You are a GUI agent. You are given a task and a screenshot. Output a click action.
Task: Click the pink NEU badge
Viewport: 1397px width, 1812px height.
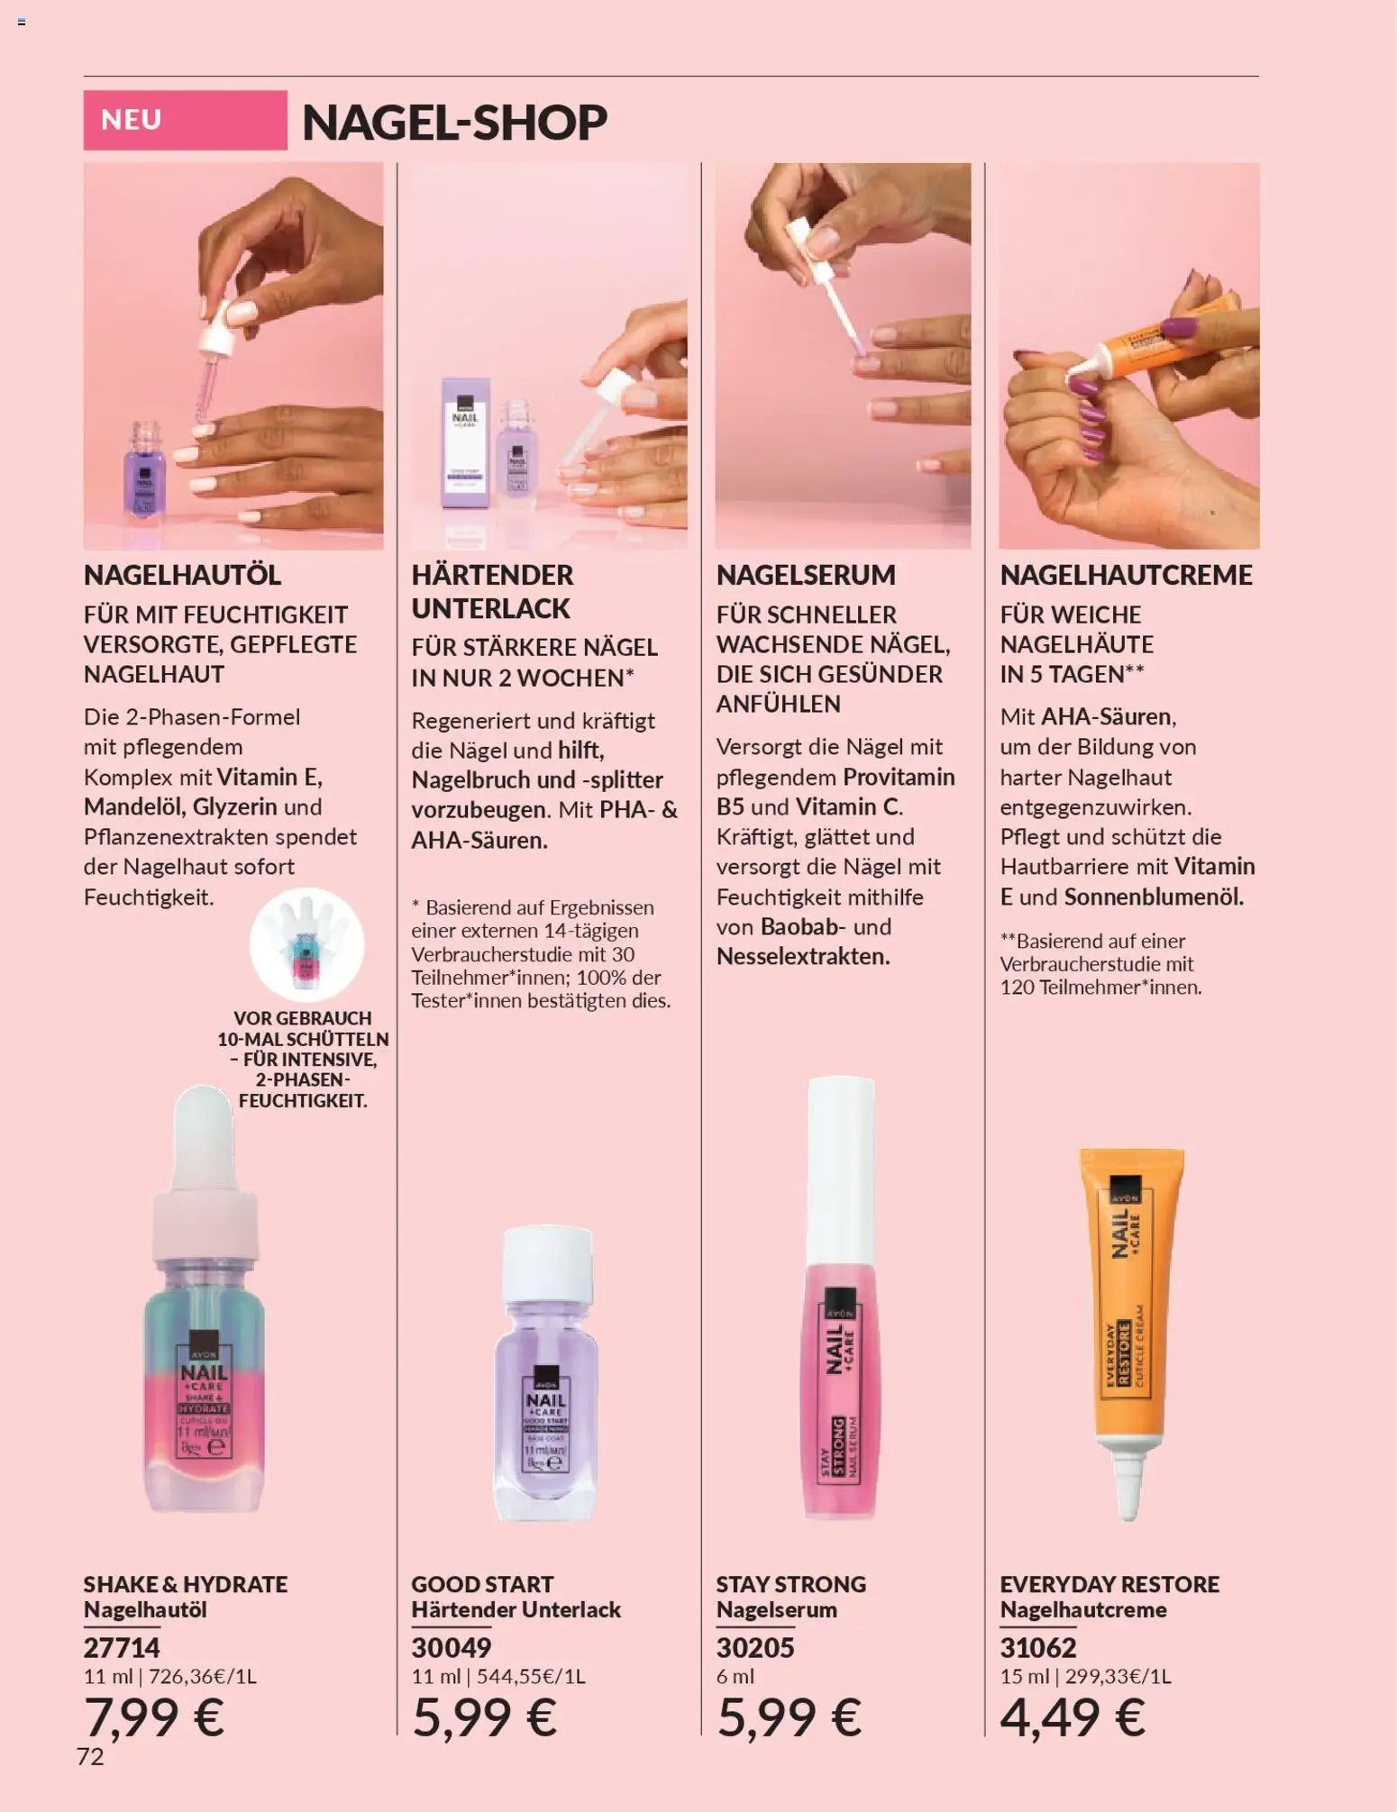click(185, 120)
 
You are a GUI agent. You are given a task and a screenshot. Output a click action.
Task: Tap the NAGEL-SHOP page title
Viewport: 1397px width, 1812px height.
click(454, 123)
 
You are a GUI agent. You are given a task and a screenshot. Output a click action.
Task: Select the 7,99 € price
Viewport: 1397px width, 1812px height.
click(154, 1716)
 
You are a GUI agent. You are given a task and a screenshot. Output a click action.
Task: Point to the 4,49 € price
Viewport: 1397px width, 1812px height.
click(1072, 1716)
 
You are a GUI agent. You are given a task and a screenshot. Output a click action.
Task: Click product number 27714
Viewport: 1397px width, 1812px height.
click(122, 1647)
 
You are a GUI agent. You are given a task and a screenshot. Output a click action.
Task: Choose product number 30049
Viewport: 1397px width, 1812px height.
click(452, 1647)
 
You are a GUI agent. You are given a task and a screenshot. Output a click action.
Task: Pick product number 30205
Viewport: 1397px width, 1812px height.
click(755, 1647)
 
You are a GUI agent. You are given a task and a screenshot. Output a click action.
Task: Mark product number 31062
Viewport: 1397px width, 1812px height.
click(1037, 1647)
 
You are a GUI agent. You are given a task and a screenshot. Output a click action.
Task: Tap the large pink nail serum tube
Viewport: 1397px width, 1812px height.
click(839, 1298)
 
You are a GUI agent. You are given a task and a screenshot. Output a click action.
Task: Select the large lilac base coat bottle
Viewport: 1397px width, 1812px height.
click(546, 1374)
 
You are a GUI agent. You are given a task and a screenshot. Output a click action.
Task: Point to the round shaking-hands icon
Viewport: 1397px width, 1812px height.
click(306, 944)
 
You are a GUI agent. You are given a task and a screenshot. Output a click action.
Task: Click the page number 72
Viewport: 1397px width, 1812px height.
click(90, 1756)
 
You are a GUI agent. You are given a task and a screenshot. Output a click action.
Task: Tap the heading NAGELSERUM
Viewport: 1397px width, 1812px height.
click(806, 575)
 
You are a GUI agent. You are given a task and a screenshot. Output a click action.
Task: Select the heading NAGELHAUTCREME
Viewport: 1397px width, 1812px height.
click(1126, 575)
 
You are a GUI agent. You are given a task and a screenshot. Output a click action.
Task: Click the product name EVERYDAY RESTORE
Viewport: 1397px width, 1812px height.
click(1109, 1584)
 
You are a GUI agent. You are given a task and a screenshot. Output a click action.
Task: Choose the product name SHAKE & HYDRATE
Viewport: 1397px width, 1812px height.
click(186, 1584)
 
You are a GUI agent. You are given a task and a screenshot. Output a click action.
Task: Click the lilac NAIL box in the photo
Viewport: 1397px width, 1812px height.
click(465, 442)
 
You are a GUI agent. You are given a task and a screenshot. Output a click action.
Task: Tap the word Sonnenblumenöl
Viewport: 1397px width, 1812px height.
click(1154, 897)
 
